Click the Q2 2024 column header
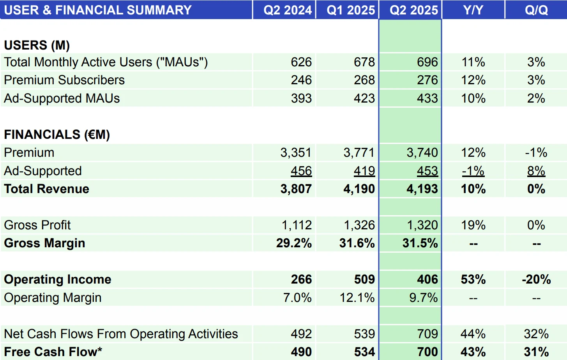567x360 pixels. point(288,10)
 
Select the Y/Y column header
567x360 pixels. point(473,10)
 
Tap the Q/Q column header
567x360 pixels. point(536,10)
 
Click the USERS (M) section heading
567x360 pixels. point(37,45)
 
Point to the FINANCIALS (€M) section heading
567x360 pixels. point(57,135)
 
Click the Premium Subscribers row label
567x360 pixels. point(64,80)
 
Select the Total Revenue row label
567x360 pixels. point(47,189)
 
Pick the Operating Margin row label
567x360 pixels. point(53,298)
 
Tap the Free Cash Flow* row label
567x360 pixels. point(53,352)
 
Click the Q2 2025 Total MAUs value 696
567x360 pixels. point(427,62)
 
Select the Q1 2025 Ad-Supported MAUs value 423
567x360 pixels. point(364,98)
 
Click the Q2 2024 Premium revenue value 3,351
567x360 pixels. point(296,153)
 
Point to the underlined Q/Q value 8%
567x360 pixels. point(536,171)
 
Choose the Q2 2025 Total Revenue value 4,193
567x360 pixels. point(422,189)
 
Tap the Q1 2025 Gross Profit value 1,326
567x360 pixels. point(359,225)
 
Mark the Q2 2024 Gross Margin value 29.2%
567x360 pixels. point(294,243)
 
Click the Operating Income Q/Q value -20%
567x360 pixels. point(536,279)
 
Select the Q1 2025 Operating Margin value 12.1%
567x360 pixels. point(357,298)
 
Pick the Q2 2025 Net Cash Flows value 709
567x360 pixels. point(427,334)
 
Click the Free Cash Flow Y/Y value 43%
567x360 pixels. point(473,352)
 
